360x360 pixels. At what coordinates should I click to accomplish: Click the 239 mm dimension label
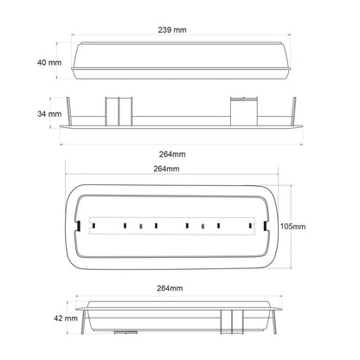coord(172,29)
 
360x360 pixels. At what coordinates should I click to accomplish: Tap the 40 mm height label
coord(49,62)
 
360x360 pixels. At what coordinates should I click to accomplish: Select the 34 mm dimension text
coord(49,114)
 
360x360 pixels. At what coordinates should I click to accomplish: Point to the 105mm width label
coord(292,227)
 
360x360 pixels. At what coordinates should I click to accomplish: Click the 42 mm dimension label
coord(66,318)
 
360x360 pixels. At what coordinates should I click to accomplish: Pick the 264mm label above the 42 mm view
coord(170,288)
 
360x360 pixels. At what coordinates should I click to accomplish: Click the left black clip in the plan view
coord(78,226)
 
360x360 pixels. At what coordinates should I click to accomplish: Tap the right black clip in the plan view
coord(266,226)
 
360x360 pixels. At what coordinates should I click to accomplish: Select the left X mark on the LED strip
coord(141,226)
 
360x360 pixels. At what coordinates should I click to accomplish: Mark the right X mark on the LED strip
coord(203,226)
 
